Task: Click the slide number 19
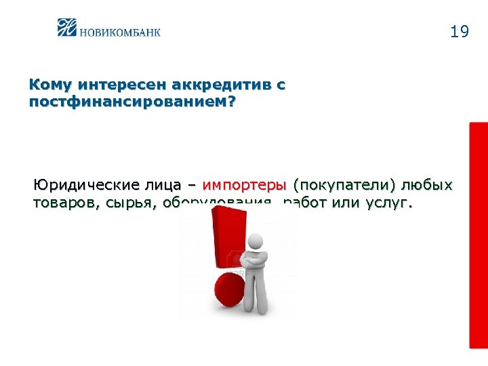pyautogui.click(x=459, y=32)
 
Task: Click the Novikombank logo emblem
pyautogui.click(x=68, y=27)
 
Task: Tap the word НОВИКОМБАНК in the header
pyautogui.click(x=120, y=31)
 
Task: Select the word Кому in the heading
pyautogui.click(x=50, y=86)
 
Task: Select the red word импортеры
pyautogui.click(x=245, y=185)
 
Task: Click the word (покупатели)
pyautogui.click(x=344, y=185)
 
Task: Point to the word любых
pyautogui.click(x=427, y=185)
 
